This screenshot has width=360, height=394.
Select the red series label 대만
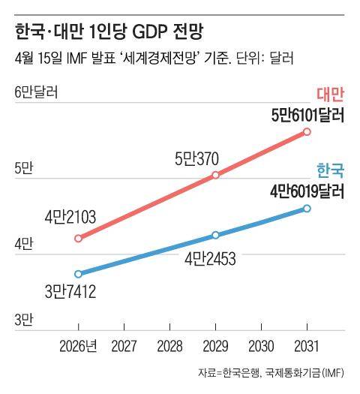(x=329, y=95)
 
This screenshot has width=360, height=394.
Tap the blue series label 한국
(x=330, y=170)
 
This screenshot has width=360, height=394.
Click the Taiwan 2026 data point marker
(x=79, y=238)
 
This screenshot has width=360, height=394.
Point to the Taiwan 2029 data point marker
(x=216, y=175)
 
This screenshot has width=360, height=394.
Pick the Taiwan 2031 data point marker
(x=307, y=132)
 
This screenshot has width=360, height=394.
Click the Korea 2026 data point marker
(x=79, y=273)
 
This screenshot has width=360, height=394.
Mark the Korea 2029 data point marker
(x=216, y=235)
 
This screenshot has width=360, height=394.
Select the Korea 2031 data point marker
(x=307, y=208)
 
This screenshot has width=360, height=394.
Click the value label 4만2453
(x=211, y=260)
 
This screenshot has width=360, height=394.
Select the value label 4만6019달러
(x=307, y=191)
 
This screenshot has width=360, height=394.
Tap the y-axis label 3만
(x=24, y=320)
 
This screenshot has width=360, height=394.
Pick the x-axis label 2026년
(x=79, y=347)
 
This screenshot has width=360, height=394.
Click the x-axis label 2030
(x=261, y=347)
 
